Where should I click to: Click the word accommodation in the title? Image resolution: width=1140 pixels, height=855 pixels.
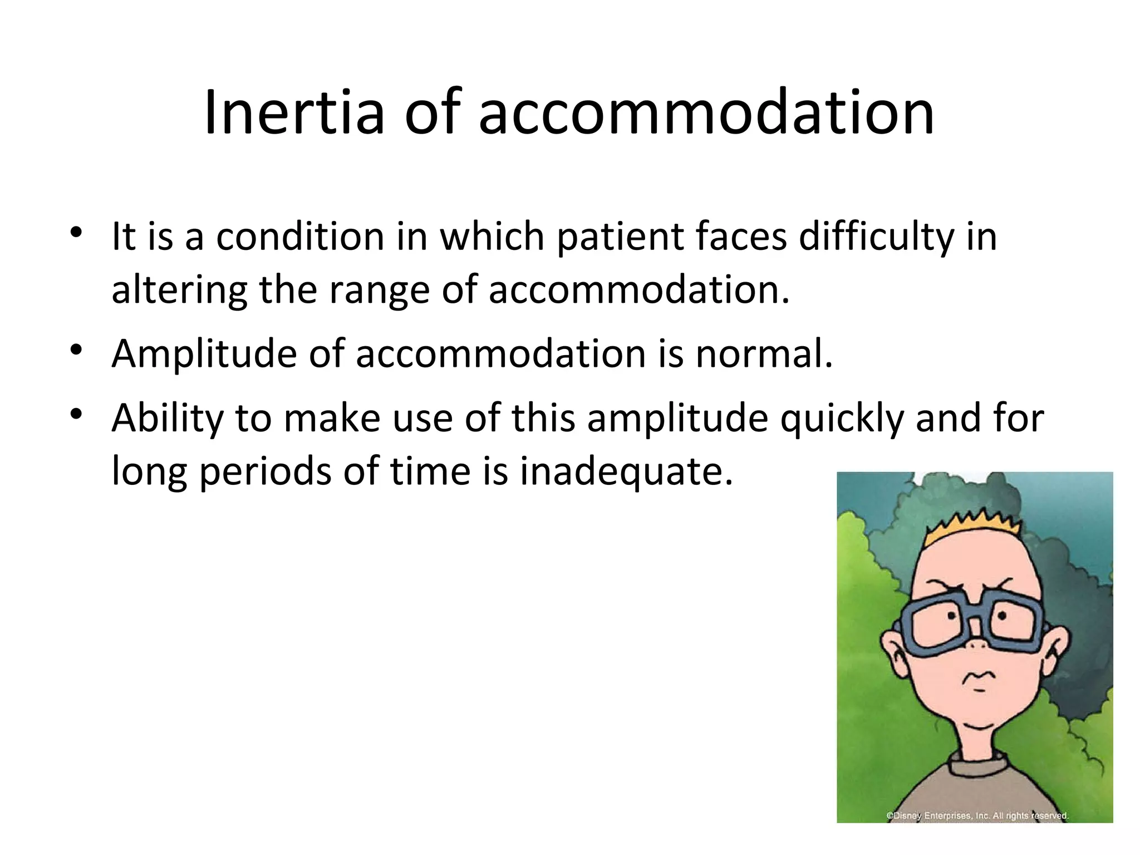(706, 112)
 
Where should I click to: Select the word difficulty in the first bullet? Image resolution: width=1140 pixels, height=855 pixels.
(877, 237)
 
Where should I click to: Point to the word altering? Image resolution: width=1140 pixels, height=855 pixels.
(179, 291)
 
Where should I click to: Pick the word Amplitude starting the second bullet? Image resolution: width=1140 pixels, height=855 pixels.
(204, 355)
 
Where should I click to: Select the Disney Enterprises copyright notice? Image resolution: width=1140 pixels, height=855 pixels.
(977, 816)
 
